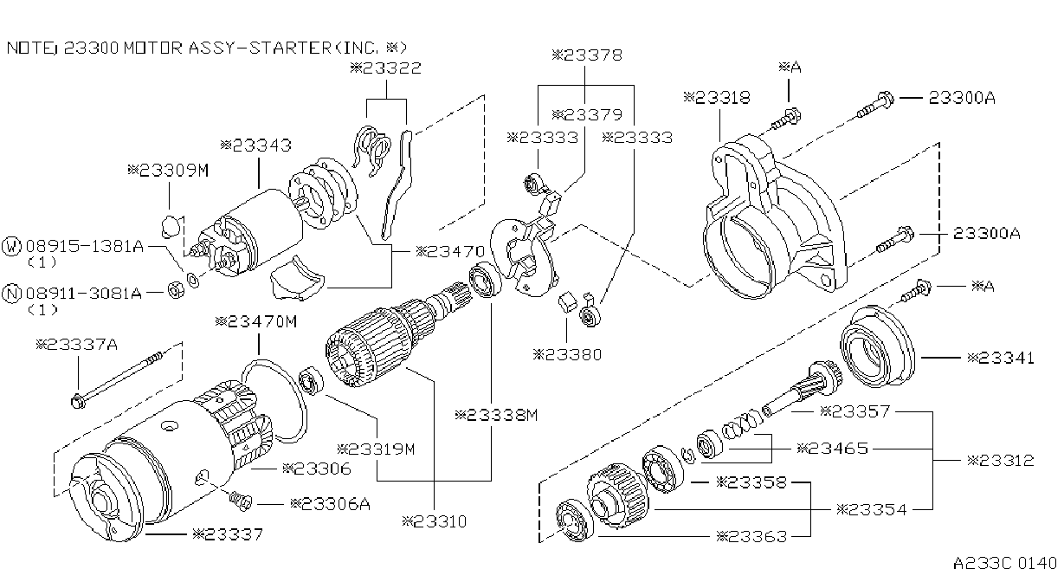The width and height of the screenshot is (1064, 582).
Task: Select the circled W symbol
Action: pyautogui.click(x=11, y=246)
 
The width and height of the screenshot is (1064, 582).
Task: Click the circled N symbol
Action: pyautogui.click(x=11, y=293)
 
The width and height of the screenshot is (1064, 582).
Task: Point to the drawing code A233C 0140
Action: pyautogui.click(x=1004, y=564)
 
